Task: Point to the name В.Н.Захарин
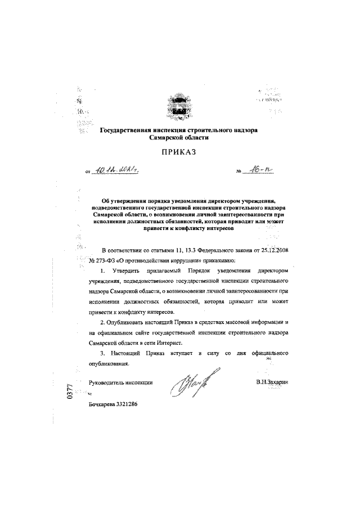point(271,382)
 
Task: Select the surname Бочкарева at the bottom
point(99,404)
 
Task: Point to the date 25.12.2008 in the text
point(272,249)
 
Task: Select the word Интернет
point(176,344)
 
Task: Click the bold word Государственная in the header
point(128,129)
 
